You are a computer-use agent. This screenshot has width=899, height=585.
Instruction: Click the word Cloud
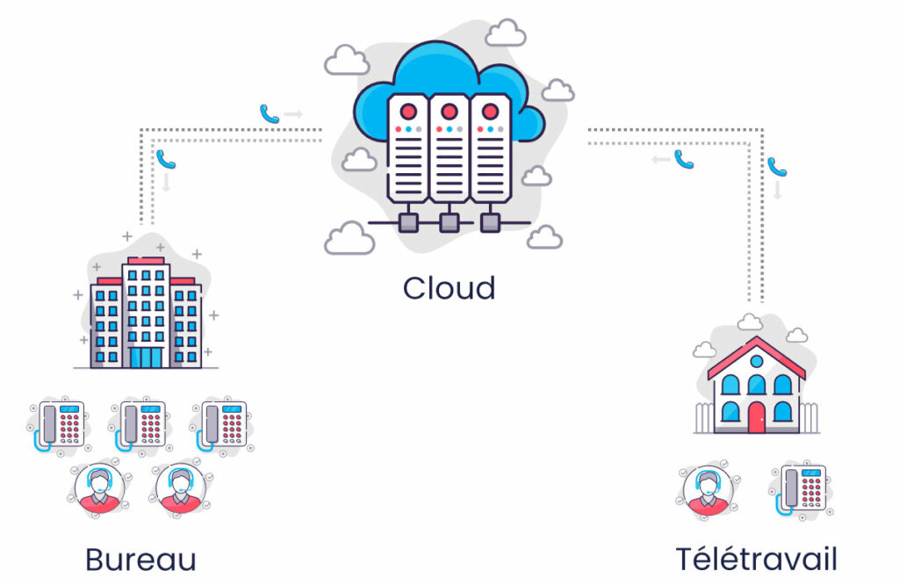[449, 288]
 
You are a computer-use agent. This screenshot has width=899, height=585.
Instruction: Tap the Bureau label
[141, 560]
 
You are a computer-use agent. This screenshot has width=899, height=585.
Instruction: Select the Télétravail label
[756, 560]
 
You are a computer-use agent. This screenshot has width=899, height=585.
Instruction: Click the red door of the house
[756, 417]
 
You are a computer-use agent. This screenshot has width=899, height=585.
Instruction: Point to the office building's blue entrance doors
[147, 357]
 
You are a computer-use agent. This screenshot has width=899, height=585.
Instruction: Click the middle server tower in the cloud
[449, 148]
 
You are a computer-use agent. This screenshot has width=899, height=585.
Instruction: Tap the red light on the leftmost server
[408, 111]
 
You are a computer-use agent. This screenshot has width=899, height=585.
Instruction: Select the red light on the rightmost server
[490, 111]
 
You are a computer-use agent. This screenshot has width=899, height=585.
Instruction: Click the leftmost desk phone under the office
[60, 425]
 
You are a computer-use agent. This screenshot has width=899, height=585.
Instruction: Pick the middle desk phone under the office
[141, 425]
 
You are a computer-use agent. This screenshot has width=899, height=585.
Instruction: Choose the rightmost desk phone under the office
[222, 425]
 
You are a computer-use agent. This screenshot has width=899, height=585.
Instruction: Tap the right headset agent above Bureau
[181, 489]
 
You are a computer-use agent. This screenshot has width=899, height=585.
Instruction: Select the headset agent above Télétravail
[708, 489]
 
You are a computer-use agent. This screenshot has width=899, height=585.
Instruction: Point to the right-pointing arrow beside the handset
[293, 114]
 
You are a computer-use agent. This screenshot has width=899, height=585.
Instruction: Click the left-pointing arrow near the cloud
[661, 159]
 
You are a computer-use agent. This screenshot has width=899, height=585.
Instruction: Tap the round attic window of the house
[756, 361]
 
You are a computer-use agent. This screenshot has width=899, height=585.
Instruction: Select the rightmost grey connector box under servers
[490, 222]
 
